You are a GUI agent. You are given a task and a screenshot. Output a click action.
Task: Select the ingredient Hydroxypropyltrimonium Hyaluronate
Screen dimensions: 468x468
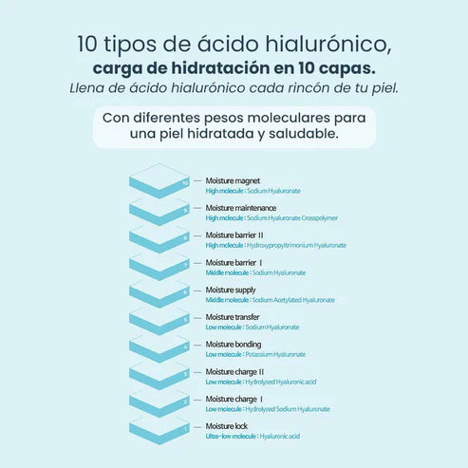point(295,245)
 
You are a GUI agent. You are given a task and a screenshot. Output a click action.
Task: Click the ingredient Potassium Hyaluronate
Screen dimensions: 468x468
point(275,354)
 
